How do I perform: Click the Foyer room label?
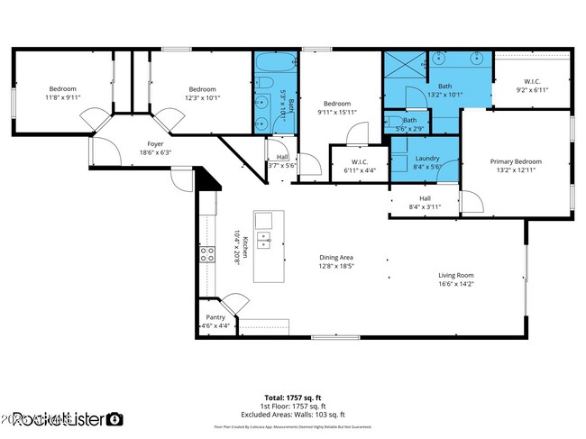155,147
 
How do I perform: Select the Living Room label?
455,279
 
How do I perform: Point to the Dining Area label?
335,261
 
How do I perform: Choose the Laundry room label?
426,162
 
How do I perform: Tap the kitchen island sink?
264,240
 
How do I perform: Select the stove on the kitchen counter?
208,255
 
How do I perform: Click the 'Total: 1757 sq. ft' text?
292,398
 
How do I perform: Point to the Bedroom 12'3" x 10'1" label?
201,93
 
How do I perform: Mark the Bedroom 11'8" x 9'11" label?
62,93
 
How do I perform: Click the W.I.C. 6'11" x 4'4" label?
359,167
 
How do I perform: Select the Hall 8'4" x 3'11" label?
425,203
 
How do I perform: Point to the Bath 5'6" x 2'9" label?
410,123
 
